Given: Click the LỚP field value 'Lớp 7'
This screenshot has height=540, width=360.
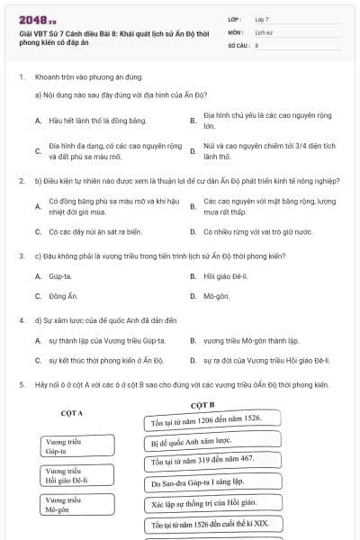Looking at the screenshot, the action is (x=262, y=19).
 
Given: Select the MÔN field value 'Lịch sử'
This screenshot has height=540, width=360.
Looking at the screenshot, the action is (x=264, y=31).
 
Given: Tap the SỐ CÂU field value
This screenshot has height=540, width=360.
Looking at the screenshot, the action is (x=257, y=44).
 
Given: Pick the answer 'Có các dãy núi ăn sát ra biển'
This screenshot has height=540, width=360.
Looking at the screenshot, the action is (x=96, y=231).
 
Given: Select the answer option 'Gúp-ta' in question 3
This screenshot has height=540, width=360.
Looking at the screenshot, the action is (x=60, y=275).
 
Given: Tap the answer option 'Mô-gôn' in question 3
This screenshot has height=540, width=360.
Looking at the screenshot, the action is (x=216, y=295).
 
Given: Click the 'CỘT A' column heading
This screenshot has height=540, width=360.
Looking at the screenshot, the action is (x=72, y=413).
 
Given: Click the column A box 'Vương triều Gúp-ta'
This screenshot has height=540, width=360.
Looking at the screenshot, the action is (x=78, y=446).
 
